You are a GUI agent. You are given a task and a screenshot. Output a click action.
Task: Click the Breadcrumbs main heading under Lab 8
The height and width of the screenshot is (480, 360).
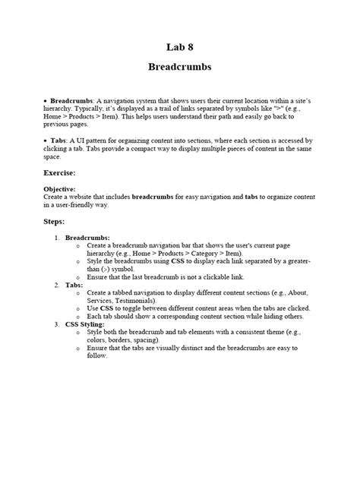[x=179, y=67]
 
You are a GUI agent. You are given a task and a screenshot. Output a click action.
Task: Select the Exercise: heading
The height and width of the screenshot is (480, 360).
[x=64, y=173]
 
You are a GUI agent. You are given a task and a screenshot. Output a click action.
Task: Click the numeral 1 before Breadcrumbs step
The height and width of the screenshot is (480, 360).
[x=57, y=238]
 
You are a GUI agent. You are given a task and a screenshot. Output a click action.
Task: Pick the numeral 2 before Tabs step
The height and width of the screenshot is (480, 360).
[x=57, y=285]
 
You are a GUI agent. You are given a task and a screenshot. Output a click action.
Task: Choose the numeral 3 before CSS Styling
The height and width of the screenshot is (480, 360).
[x=57, y=324]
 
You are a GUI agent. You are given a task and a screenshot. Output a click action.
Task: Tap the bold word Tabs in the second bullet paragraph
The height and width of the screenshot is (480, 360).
[x=58, y=141]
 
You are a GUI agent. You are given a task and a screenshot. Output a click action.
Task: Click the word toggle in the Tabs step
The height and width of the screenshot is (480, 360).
[x=128, y=309]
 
